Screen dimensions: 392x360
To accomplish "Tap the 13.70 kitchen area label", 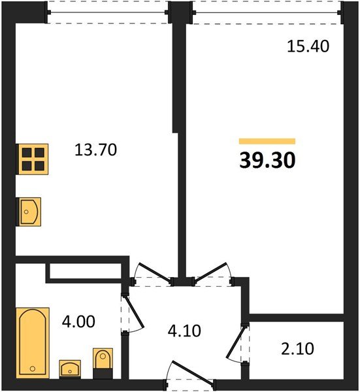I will [x=95, y=150].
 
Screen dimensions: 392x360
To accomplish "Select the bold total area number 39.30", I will [x=267, y=161].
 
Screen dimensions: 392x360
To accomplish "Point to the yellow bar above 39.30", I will [x=267, y=141].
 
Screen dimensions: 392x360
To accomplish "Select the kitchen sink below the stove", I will [x=29, y=212].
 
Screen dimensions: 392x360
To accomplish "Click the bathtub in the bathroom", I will [x=32, y=342].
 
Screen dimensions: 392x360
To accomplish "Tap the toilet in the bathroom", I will [x=103, y=363].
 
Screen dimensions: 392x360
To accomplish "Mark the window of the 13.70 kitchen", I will [x=108, y=12].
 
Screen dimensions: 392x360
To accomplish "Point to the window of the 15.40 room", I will [x=267, y=12].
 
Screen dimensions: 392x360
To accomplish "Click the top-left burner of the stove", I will [x=26, y=152].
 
